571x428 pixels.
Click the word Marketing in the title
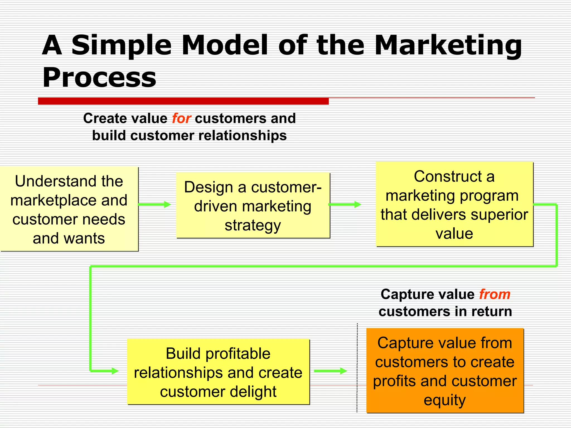click(448, 45)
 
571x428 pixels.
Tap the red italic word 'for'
click(181, 118)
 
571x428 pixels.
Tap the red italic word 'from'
click(495, 294)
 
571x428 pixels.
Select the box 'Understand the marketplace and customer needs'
click(69, 209)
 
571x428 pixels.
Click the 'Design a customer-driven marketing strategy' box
click(253, 206)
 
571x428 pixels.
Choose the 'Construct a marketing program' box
click(454, 204)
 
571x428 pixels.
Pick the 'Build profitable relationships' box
click(218, 372)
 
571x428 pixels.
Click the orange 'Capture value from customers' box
click(445, 371)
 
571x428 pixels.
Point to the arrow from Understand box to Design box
click(154, 205)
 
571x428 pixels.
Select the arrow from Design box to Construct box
click(345, 205)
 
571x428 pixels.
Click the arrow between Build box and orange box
click(330, 371)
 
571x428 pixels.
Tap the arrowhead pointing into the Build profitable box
click(115, 371)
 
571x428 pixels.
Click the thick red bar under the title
click(183, 101)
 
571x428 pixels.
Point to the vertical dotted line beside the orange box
click(357, 368)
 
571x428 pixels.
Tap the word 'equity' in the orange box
click(445, 400)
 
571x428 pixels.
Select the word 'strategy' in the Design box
click(253, 225)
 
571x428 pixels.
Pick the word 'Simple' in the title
click(122, 45)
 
